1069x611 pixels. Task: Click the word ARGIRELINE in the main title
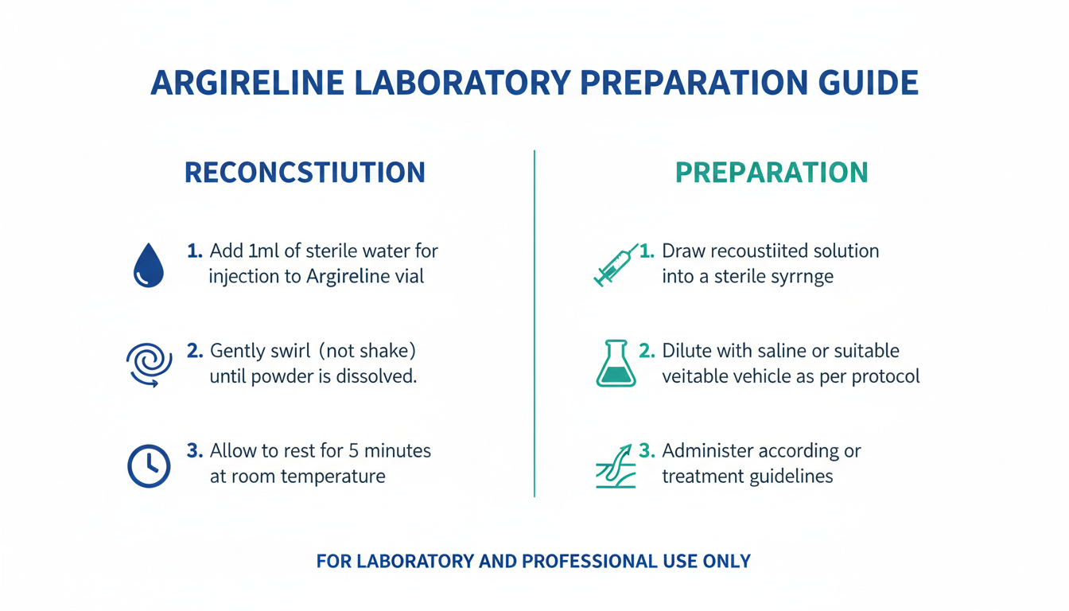pyautogui.click(x=247, y=83)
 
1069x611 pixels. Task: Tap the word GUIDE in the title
pyautogui.click(x=869, y=83)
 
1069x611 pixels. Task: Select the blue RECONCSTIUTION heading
pyautogui.click(x=305, y=173)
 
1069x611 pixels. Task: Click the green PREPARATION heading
pyautogui.click(x=772, y=173)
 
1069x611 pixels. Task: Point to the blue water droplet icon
pyautogui.click(x=149, y=266)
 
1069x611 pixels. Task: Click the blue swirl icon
pyautogui.click(x=150, y=364)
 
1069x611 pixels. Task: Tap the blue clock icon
pyautogui.click(x=149, y=466)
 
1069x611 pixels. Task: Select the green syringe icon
pyautogui.click(x=616, y=266)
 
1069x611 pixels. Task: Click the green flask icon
pyautogui.click(x=616, y=364)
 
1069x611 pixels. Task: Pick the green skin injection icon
pyautogui.click(x=616, y=466)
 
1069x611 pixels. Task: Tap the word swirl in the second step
pyautogui.click(x=290, y=351)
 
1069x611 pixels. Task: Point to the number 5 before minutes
pyautogui.click(x=354, y=451)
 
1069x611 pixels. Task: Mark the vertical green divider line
pyautogui.click(x=534, y=324)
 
